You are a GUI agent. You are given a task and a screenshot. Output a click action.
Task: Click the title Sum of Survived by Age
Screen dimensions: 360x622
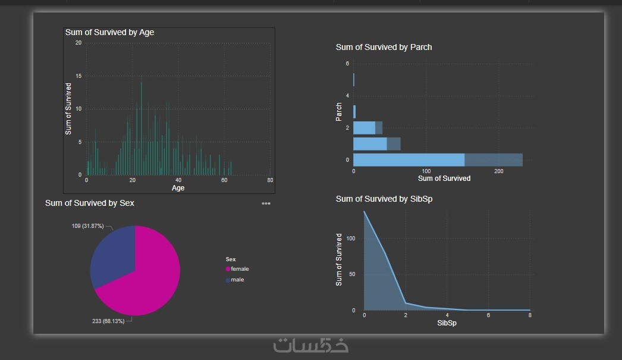coord(109,32)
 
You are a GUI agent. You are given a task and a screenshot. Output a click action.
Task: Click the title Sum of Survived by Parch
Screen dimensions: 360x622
coord(384,47)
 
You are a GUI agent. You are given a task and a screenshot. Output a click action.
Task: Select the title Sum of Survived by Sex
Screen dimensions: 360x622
coord(90,203)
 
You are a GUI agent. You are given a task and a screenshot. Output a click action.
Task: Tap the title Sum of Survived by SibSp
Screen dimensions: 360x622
coord(384,199)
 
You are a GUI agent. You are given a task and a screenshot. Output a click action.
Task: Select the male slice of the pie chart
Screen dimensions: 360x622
coord(110,256)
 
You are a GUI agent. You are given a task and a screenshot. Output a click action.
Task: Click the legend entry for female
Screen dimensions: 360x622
coord(240,269)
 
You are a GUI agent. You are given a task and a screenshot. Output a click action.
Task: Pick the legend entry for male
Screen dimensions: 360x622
coord(237,280)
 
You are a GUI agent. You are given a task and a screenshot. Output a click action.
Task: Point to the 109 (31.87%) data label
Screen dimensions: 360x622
coord(87,226)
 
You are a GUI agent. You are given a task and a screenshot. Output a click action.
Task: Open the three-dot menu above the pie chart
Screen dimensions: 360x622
coord(266,204)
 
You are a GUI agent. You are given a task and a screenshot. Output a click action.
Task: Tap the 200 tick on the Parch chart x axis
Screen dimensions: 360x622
coord(498,171)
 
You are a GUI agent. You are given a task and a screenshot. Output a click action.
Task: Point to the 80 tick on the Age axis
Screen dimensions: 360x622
coord(270,180)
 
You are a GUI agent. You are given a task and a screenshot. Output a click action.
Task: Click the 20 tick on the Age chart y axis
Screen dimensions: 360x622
coord(78,43)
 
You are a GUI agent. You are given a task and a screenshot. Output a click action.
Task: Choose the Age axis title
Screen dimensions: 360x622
coord(178,188)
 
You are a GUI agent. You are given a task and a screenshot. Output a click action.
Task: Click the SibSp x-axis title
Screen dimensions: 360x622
coord(447,323)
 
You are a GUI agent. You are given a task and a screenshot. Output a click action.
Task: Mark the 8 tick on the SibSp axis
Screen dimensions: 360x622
coord(529,315)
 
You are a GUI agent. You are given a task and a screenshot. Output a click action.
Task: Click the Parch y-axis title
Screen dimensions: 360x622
coord(338,111)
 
